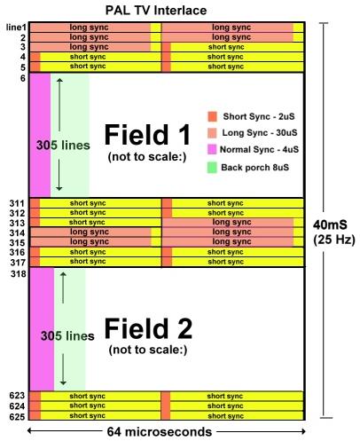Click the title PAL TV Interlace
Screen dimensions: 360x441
(x=156, y=11)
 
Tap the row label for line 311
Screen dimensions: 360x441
(x=17, y=203)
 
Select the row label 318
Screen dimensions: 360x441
(x=19, y=274)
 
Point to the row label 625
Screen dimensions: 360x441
(x=17, y=416)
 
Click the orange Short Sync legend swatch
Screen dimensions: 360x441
(x=212, y=116)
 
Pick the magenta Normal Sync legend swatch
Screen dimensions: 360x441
(x=212, y=149)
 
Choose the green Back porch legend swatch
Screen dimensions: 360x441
(x=212, y=168)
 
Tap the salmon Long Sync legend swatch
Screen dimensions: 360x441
(x=212, y=133)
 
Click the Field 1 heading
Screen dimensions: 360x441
(x=147, y=135)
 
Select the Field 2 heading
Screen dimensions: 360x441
(x=148, y=328)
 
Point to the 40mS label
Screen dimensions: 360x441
(x=330, y=224)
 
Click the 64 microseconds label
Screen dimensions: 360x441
(x=160, y=432)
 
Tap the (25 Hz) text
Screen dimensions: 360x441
(x=334, y=239)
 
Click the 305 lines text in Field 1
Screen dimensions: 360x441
(x=63, y=146)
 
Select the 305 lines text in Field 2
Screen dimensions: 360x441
(x=67, y=335)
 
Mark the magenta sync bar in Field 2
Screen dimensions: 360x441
(x=42, y=329)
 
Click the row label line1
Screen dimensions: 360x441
(x=16, y=28)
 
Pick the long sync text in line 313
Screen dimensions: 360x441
(x=231, y=222)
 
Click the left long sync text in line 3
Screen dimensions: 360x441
(x=89, y=47)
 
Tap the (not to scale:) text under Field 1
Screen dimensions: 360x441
(x=147, y=156)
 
